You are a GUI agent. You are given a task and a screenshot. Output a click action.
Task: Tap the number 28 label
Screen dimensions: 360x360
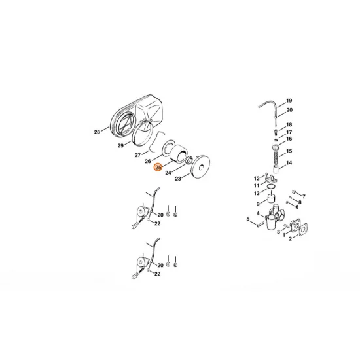[x=97, y=132]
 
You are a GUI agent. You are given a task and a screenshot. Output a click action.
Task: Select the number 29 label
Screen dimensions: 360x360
[x=120, y=145]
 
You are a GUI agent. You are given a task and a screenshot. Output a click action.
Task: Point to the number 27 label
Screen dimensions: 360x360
[x=137, y=156]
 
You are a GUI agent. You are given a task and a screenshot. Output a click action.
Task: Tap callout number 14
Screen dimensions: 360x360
[x=289, y=162]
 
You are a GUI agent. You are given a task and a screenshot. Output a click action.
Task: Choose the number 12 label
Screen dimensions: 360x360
[x=257, y=178]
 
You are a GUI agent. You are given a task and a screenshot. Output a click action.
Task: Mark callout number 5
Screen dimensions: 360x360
[x=248, y=219]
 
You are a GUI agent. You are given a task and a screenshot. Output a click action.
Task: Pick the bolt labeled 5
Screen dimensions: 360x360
[x=261, y=223]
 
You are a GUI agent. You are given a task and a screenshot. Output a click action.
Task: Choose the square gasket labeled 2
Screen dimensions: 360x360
[x=303, y=230]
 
